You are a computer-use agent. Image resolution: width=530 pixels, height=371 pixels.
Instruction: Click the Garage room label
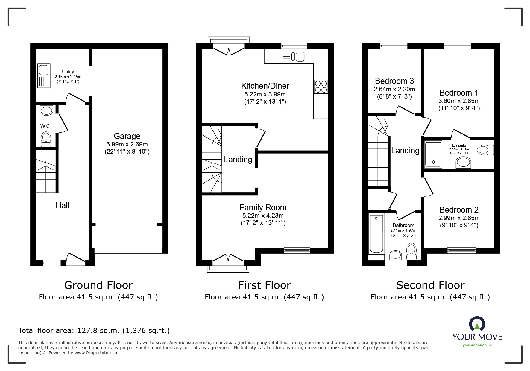click(127, 136)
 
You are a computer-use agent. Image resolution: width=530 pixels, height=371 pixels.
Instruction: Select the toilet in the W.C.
click(46, 139)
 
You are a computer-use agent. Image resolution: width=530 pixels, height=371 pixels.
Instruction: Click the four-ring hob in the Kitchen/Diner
click(321, 87)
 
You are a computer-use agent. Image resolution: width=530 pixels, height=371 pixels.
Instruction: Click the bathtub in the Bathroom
click(377, 234)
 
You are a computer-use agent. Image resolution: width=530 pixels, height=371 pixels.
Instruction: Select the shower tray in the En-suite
click(433, 154)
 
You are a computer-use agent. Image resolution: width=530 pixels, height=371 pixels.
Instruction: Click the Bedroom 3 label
click(394, 81)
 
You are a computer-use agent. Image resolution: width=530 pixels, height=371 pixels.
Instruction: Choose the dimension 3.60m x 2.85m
click(459, 101)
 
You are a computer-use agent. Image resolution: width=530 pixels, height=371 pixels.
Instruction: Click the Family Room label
click(263, 208)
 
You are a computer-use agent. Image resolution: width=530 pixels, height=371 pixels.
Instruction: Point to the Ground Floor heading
click(98, 285)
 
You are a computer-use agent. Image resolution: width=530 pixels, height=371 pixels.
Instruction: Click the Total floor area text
click(94, 331)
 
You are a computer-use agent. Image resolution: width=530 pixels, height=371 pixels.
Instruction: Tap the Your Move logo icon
click(477, 324)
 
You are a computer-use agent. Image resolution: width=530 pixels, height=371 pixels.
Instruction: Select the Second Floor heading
click(430, 285)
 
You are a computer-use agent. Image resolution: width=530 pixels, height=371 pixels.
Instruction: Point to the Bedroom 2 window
click(461, 250)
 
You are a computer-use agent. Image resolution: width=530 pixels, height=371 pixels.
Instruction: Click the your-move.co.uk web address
click(477, 345)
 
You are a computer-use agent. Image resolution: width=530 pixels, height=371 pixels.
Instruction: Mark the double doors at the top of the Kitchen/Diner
click(229, 49)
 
